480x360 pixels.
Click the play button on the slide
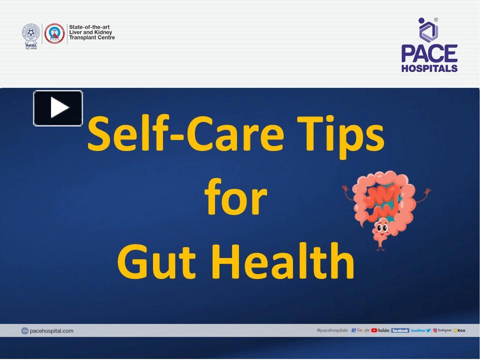click(x=58, y=108)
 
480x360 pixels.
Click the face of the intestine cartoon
click(x=381, y=229)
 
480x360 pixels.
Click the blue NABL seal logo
click(x=30, y=33)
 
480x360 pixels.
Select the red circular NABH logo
click(x=54, y=33)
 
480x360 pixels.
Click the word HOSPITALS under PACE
click(x=429, y=68)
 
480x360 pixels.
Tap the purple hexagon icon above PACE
click(x=428, y=30)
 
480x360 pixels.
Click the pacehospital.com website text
click(x=51, y=330)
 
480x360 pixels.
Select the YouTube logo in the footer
click(x=380, y=330)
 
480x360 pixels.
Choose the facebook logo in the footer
click(x=400, y=330)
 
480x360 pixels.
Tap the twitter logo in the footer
click(x=420, y=330)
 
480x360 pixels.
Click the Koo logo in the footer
click(x=459, y=330)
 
